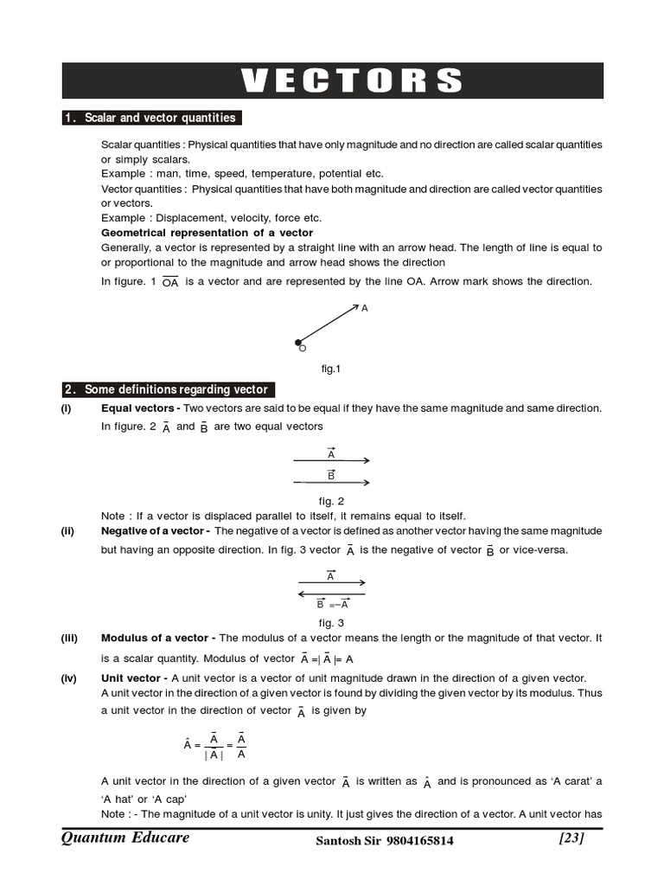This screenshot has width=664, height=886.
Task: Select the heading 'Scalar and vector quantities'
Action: coord(159,118)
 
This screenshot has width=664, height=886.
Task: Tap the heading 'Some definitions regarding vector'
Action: coord(176,389)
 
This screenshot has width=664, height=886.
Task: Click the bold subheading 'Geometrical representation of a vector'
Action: coord(207,233)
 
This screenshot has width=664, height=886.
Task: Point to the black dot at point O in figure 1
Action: coord(298,343)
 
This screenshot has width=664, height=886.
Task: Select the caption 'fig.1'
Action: coord(331,369)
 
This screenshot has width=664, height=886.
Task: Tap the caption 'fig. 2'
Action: coord(331,501)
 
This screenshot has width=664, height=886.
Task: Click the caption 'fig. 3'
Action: coord(331,623)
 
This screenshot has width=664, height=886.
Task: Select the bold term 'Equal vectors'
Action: coord(138,408)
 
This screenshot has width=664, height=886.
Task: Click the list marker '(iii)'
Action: coord(69,639)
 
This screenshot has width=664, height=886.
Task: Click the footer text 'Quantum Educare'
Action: coord(125,838)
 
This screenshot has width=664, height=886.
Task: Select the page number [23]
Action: coord(571,838)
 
